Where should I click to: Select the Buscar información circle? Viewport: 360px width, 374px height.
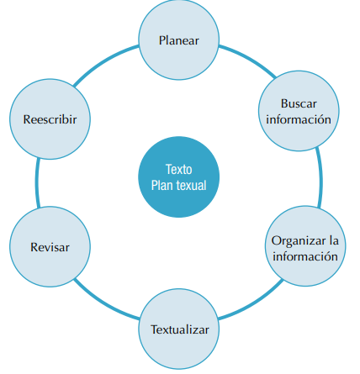299,110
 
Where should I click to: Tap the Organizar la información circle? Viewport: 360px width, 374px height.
304,247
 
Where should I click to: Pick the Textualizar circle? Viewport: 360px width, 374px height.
179,328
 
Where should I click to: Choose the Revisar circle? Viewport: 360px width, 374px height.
50,247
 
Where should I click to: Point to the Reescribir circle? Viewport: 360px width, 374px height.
50,119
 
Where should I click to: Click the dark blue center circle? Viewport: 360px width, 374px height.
178,176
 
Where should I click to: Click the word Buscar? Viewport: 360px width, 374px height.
299,103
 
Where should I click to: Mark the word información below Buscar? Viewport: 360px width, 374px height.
299,119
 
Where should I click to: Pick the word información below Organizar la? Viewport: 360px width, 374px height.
304,255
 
